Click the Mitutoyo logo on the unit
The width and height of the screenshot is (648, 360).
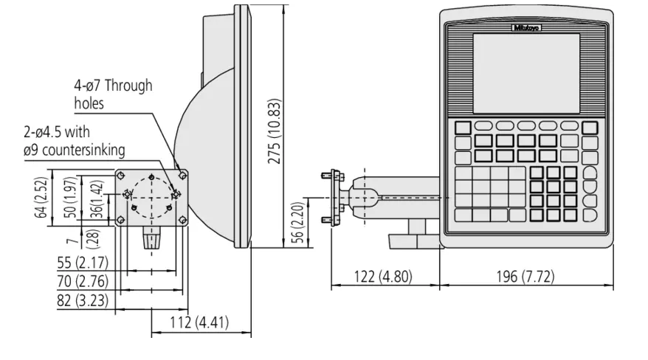tap(526, 27)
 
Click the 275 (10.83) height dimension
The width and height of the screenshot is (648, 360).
tap(275, 131)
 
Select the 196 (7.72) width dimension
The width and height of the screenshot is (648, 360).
tap(525, 276)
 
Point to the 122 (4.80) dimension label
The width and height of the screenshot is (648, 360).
tap(383, 276)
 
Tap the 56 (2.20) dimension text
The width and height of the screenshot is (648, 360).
tap(297, 222)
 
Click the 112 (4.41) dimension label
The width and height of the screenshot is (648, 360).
tap(199, 322)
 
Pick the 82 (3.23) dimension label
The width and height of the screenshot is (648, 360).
tap(83, 300)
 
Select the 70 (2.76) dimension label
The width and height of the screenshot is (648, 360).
tap(83, 281)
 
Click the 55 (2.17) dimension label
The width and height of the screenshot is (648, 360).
tap(83, 262)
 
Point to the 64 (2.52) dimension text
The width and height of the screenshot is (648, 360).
tap(41, 198)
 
